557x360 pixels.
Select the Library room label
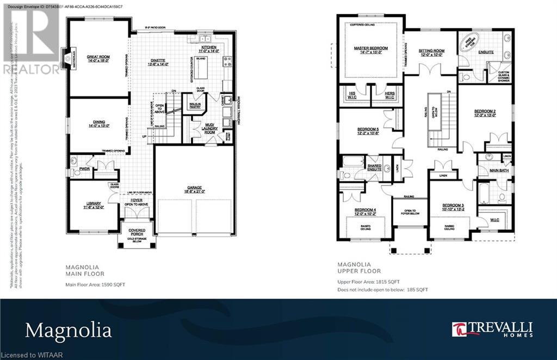point(93,204)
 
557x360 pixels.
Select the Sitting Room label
point(431,52)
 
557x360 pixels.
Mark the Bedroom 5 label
point(368,132)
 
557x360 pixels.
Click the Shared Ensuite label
point(374,167)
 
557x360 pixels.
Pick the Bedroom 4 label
point(365,212)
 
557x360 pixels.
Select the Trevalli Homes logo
point(492,329)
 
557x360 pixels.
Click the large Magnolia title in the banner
point(68,330)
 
